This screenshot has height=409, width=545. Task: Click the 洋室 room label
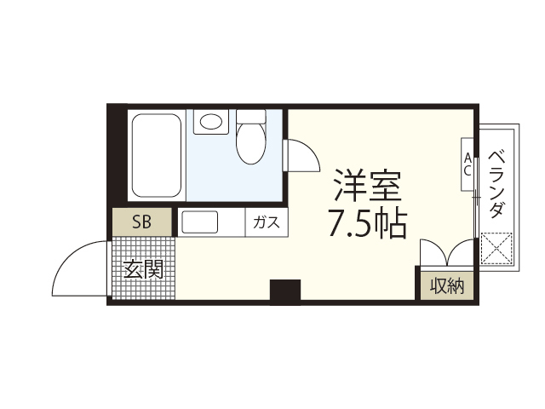(x=366, y=185)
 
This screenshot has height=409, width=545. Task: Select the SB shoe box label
(x=142, y=223)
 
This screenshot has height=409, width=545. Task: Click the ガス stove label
(x=266, y=223)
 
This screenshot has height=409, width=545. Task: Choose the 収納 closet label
(x=446, y=285)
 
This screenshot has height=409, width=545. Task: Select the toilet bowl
(x=250, y=143)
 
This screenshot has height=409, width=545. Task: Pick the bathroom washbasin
(x=209, y=122)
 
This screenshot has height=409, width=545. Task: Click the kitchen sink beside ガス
(x=199, y=223)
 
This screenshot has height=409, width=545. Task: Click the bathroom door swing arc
(x=301, y=158)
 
